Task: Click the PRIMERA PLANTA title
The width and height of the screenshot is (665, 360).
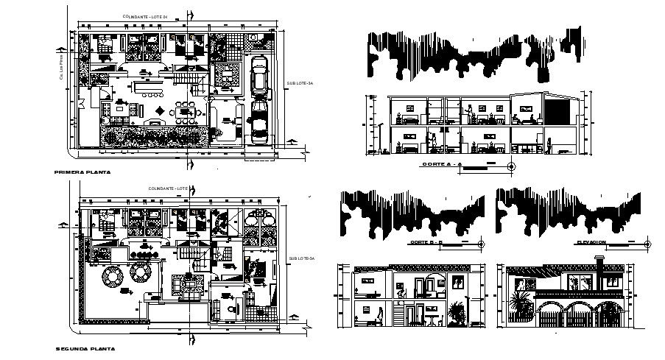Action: [82, 172]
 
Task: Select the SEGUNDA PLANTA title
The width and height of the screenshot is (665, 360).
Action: [85, 348]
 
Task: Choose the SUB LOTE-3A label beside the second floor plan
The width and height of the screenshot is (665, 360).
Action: [301, 258]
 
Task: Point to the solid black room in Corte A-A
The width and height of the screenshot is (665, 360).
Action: [558, 110]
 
